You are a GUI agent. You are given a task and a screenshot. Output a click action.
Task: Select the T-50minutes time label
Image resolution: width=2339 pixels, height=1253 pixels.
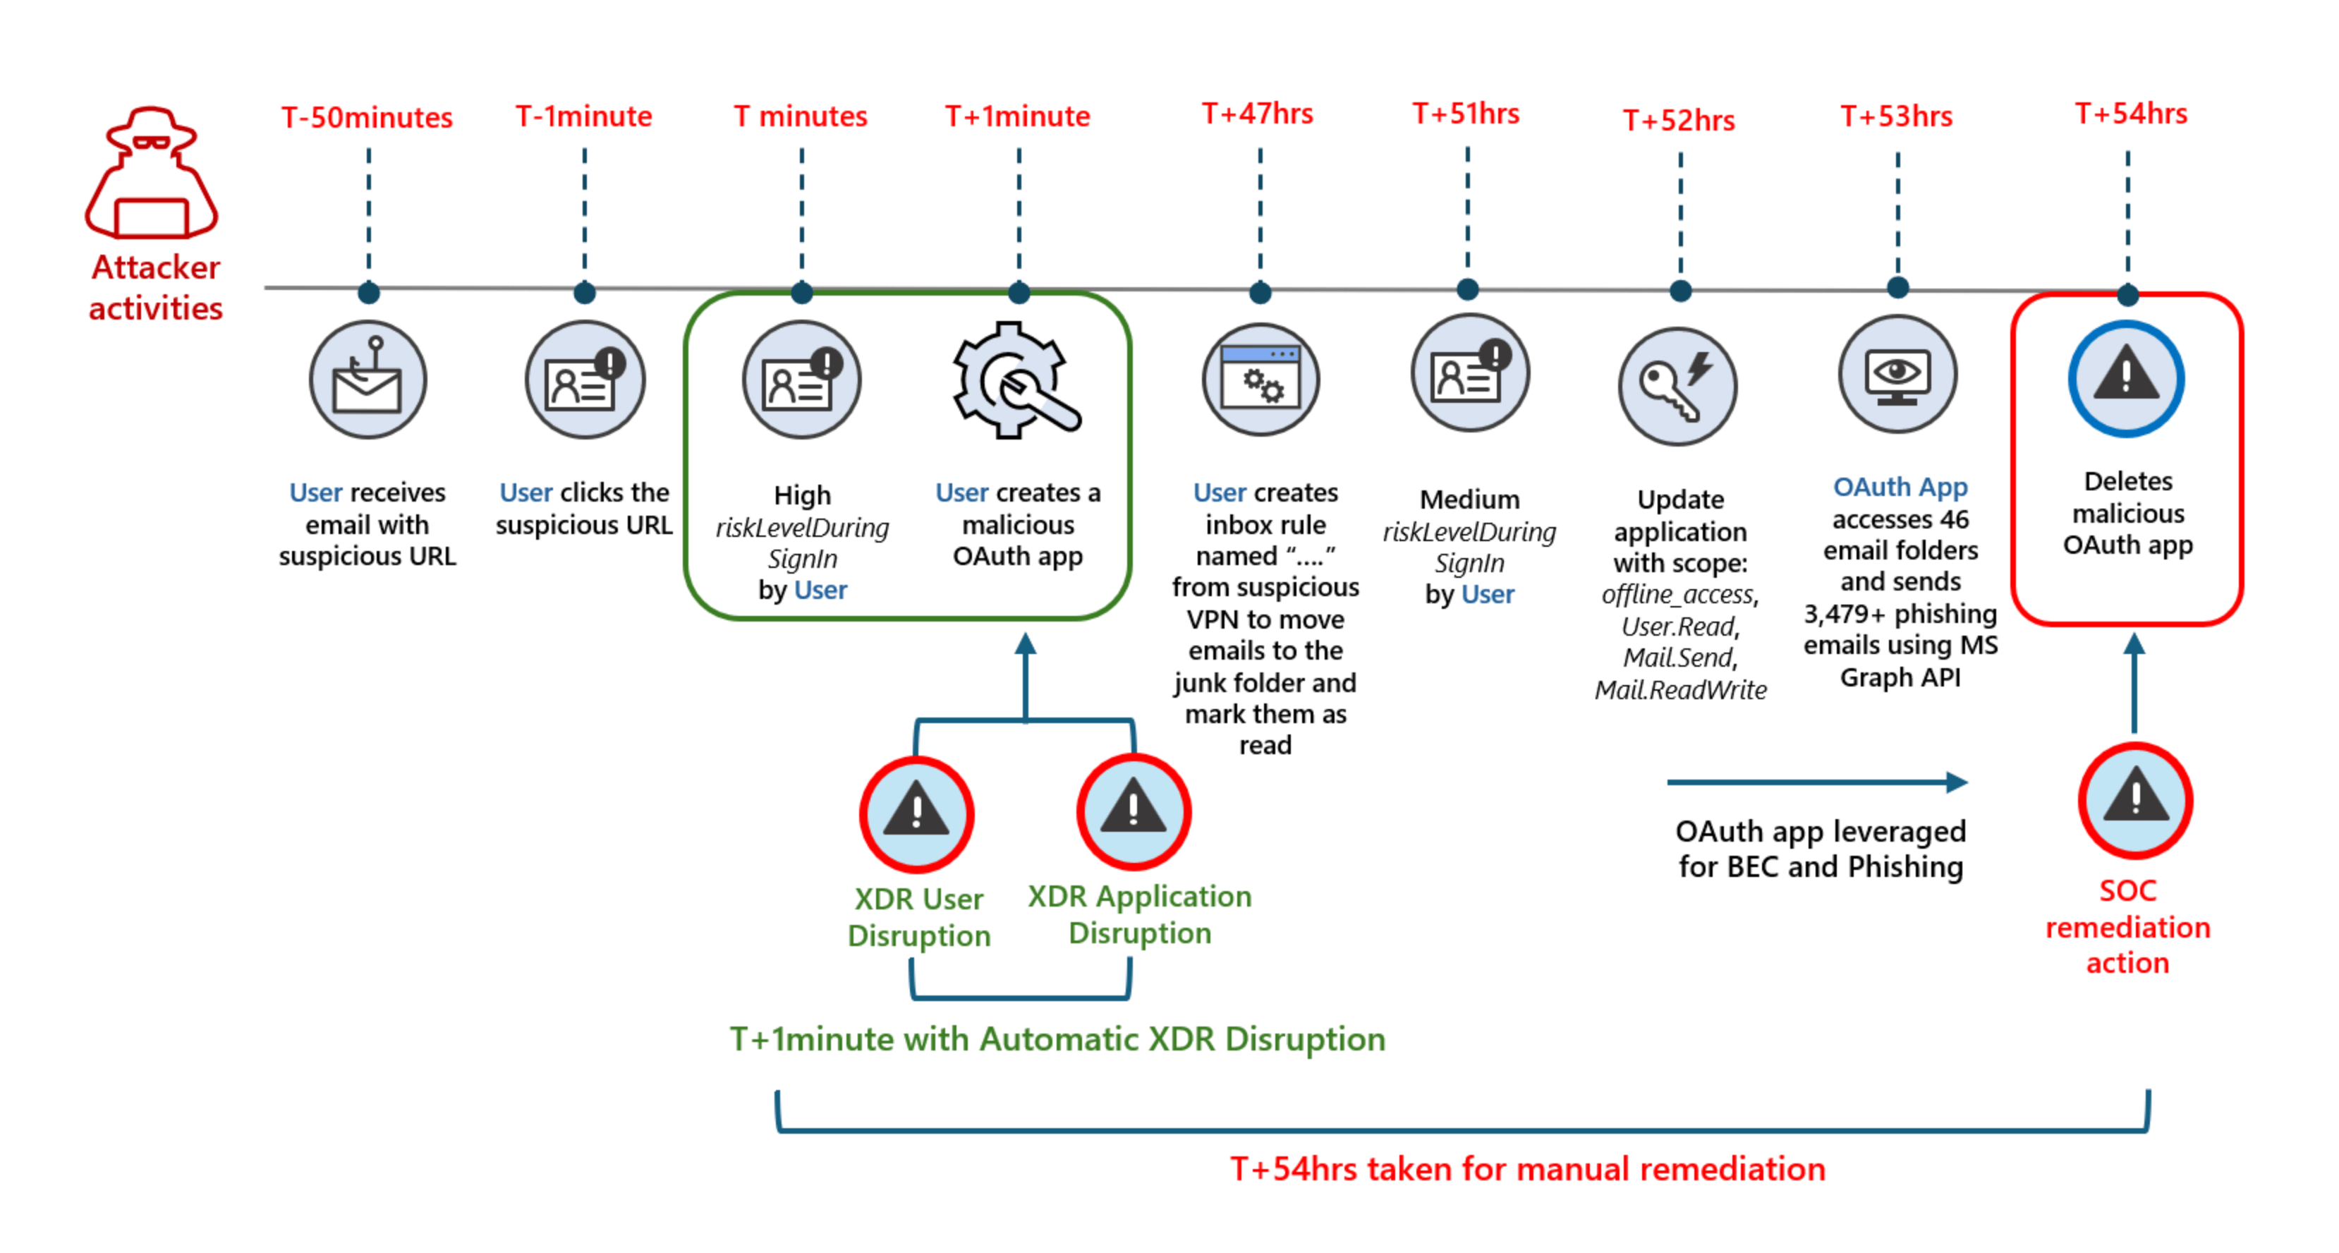367,117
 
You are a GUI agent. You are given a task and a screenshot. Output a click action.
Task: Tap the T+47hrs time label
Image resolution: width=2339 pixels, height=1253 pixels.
1258,114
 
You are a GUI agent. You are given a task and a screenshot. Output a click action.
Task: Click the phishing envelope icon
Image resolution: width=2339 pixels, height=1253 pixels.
367,380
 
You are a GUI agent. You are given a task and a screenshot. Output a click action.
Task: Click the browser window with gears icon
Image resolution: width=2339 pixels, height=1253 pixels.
1260,380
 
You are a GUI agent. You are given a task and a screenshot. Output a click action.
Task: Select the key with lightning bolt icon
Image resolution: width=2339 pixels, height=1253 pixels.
1678,386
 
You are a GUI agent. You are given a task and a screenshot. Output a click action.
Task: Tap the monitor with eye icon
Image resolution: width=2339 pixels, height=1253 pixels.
1897,374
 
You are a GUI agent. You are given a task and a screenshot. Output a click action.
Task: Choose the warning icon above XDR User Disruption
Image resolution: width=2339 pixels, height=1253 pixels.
917,813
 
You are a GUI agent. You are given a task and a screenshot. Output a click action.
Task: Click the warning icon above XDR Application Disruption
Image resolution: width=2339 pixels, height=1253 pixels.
1134,811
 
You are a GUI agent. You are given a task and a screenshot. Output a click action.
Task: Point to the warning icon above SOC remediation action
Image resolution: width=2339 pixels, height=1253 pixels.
2136,801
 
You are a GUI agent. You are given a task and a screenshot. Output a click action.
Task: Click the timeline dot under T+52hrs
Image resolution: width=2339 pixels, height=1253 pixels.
1681,291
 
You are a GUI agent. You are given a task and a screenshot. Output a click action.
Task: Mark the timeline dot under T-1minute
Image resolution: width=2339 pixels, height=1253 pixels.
585,292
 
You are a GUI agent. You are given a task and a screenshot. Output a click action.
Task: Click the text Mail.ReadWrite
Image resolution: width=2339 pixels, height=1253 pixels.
1681,690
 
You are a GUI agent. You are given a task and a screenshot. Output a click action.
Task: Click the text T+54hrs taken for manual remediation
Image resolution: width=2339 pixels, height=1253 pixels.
1527,1168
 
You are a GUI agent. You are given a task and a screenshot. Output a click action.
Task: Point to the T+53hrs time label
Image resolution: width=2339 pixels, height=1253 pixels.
1897,116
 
